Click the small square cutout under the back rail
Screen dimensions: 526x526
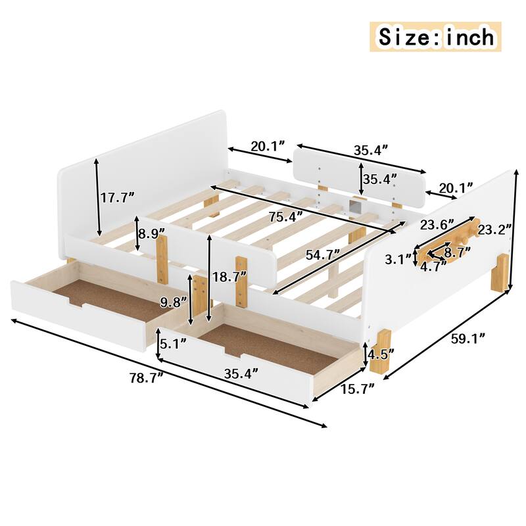tap(357, 206)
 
